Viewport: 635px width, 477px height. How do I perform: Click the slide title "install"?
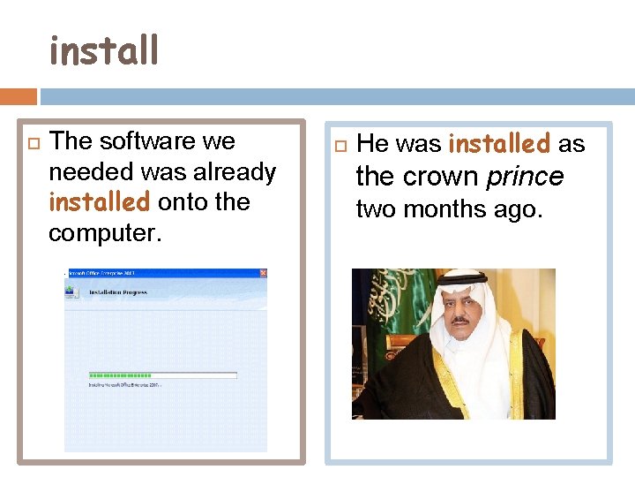(x=104, y=51)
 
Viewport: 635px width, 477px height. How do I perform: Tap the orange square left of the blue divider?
(x=18, y=95)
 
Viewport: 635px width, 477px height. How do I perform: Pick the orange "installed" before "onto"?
(x=100, y=201)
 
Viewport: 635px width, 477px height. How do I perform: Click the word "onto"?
(x=181, y=201)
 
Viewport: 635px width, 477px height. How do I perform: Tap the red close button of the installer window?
(x=262, y=274)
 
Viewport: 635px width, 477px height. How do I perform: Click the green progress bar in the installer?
(x=120, y=375)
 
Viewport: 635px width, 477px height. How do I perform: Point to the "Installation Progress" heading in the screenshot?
(x=117, y=292)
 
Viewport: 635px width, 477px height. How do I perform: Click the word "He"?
(x=372, y=144)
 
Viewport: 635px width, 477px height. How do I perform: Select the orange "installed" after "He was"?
(x=500, y=143)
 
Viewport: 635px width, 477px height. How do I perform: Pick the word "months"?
(x=439, y=209)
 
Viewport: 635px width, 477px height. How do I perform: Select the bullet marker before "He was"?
(x=342, y=144)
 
